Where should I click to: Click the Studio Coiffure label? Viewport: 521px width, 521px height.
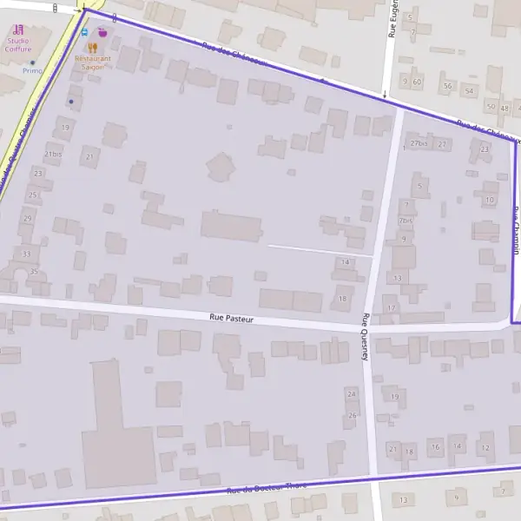(x=18, y=44)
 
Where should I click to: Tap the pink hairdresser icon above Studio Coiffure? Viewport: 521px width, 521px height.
(x=18, y=30)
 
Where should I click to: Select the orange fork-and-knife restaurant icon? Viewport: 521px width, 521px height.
(x=91, y=48)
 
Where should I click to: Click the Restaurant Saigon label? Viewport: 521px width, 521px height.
(x=92, y=63)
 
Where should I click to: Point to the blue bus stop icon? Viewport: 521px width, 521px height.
(x=84, y=32)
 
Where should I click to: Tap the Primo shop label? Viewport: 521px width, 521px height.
(x=32, y=71)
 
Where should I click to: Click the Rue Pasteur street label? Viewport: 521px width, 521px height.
(x=231, y=319)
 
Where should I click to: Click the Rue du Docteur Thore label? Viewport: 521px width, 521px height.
(x=267, y=488)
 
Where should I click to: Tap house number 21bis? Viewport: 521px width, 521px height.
(x=53, y=155)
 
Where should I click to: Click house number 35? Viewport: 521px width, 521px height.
(x=34, y=272)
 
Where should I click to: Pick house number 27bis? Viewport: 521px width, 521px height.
(x=419, y=143)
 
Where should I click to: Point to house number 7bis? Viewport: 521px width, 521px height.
(x=405, y=221)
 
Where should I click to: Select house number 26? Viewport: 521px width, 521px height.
(x=353, y=415)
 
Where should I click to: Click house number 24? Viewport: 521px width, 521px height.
(x=351, y=393)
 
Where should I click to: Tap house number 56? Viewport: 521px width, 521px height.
(x=448, y=86)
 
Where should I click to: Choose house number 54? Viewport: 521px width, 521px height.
(x=469, y=91)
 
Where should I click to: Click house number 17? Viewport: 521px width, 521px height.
(x=392, y=308)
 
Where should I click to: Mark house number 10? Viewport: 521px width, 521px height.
(x=490, y=200)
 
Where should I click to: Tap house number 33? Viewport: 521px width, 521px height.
(x=27, y=254)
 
